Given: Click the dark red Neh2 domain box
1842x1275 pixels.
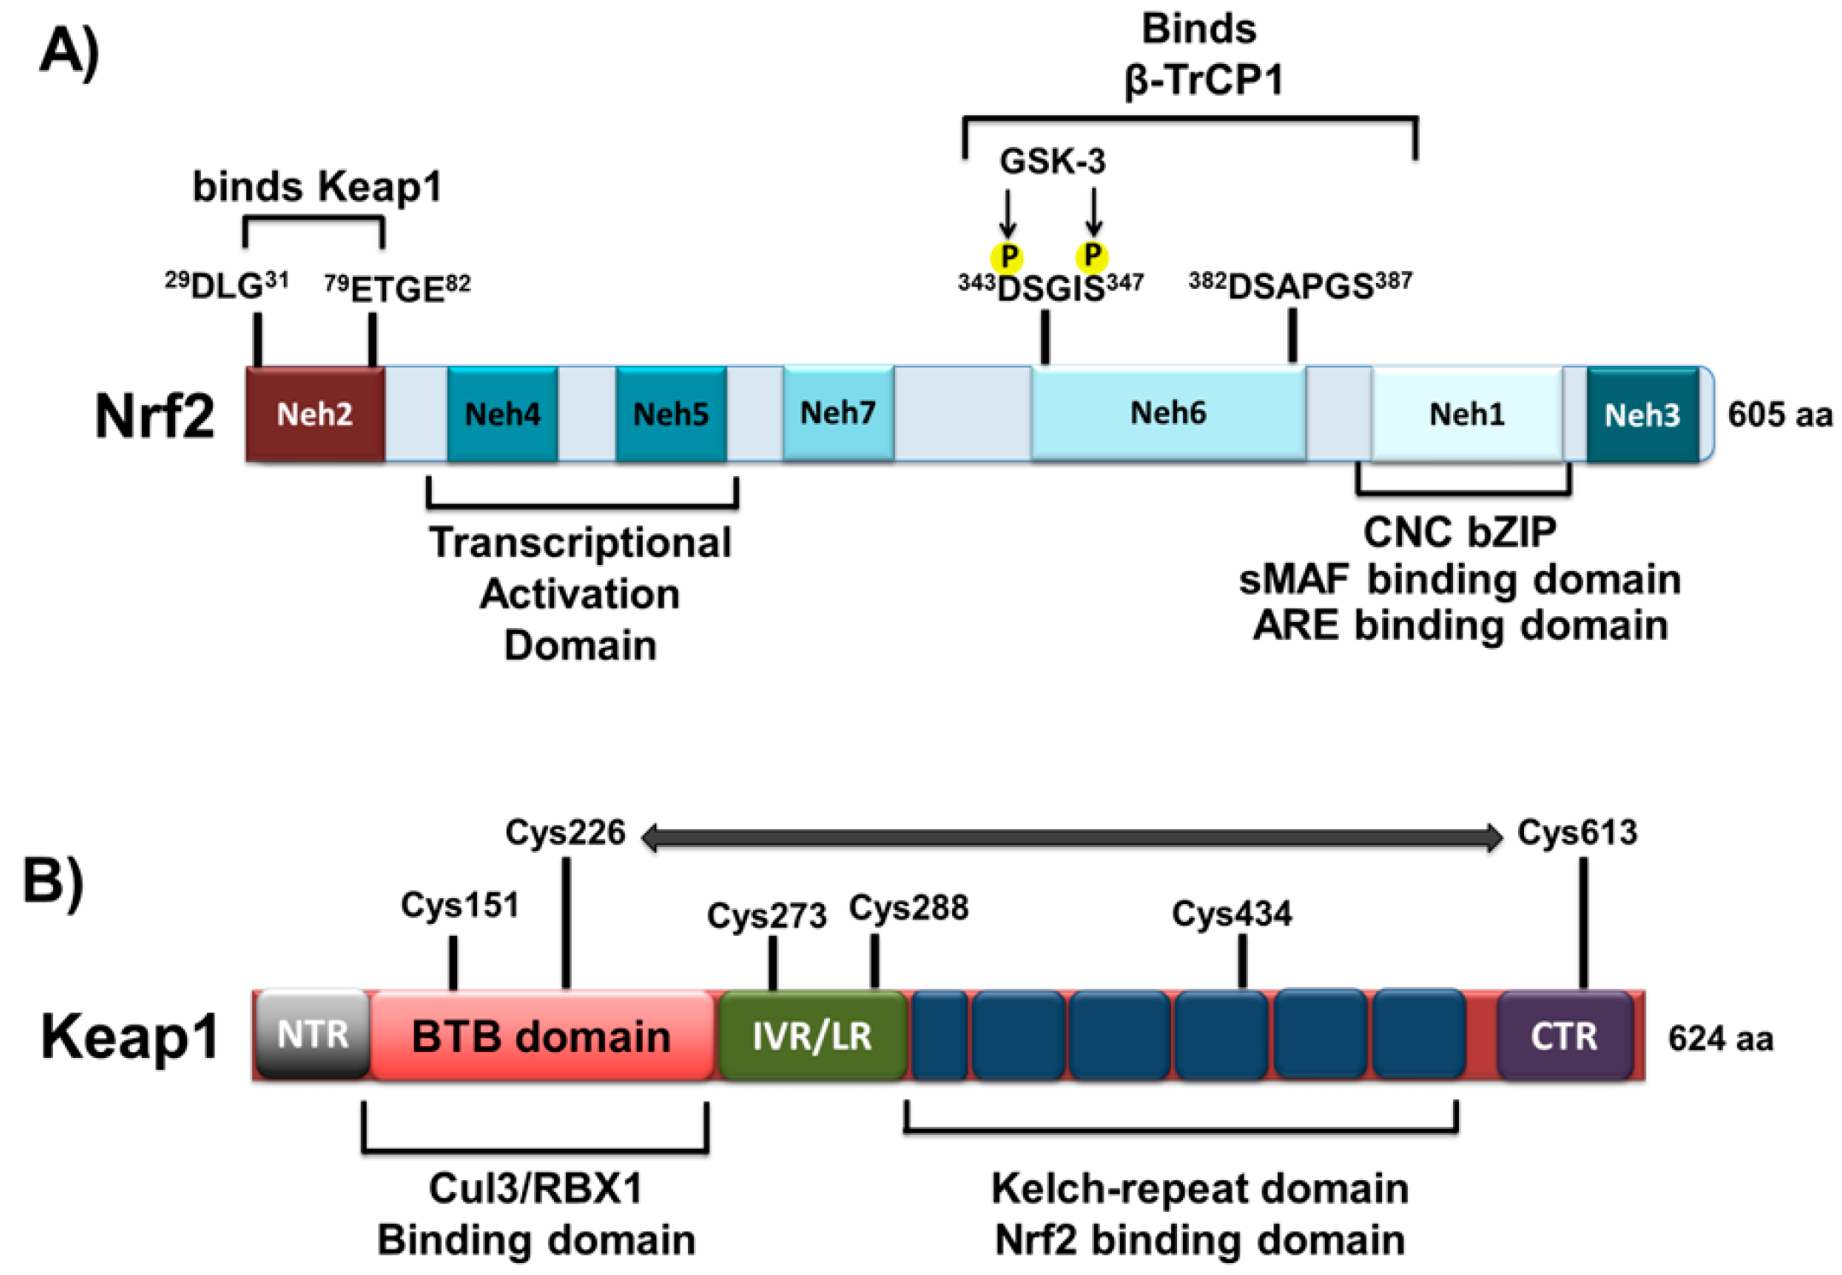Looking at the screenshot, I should click(x=315, y=414).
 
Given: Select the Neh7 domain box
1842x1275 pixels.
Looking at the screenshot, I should click(x=838, y=414).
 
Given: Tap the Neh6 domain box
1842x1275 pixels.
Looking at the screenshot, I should click(x=1168, y=414).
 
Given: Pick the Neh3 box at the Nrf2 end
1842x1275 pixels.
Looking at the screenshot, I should click(x=1642, y=415).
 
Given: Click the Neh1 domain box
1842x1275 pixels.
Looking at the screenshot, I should click(x=1467, y=414).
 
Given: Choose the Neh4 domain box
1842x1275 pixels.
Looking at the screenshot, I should click(x=502, y=414).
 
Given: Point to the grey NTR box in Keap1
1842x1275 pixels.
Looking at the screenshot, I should click(x=313, y=1035).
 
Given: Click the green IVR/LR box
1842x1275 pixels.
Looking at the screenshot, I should click(x=812, y=1037).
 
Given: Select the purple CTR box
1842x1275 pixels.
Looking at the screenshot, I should click(x=1563, y=1037).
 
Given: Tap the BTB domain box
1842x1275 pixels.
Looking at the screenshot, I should click(x=541, y=1037).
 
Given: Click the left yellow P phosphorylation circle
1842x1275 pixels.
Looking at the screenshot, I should click(x=1008, y=257).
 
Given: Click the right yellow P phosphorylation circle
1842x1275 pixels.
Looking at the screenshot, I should click(x=1092, y=256).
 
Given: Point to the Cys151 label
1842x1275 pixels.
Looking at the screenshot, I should click(x=460, y=905).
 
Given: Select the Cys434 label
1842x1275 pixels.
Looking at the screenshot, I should click(x=1232, y=914).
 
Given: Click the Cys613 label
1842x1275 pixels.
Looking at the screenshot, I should click(x=1577, y=832).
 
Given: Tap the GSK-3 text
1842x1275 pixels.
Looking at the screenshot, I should click(x=1052, y=161).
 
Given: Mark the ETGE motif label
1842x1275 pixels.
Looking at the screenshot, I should click(x=397, y=289).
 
